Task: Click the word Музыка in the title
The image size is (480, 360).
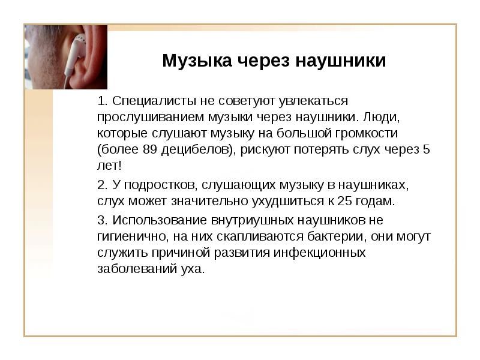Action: point(197,61)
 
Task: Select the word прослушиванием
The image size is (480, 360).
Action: point(151,117)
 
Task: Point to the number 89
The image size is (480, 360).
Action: point(149,149)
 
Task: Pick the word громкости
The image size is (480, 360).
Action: point(367,133)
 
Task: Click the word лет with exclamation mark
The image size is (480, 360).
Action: point(109,166)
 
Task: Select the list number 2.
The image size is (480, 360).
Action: point(102,185)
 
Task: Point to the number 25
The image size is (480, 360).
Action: point(345,201)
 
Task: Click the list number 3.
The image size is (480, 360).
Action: point(102,220)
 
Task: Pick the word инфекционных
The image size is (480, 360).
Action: point(320,253)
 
